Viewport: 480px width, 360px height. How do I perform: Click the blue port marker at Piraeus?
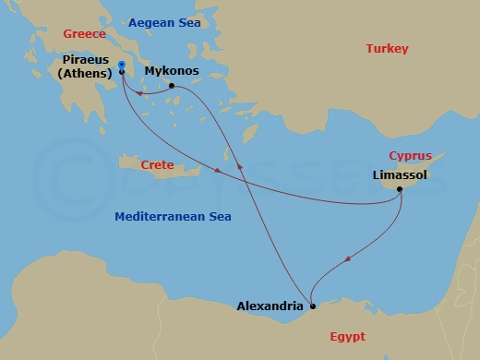(122, 65)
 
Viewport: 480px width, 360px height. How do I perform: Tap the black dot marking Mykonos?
(172, 86)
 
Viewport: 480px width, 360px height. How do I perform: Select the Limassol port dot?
(400, 190)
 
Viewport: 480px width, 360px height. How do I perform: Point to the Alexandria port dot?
(312, 306)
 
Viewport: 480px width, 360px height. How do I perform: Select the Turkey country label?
(387, 48)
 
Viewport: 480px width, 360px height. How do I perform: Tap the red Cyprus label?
(410, 155)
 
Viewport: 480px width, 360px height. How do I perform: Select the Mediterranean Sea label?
(173, 216)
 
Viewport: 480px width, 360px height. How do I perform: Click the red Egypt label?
(347, 337)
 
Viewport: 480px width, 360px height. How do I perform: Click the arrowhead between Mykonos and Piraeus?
(138, 92)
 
